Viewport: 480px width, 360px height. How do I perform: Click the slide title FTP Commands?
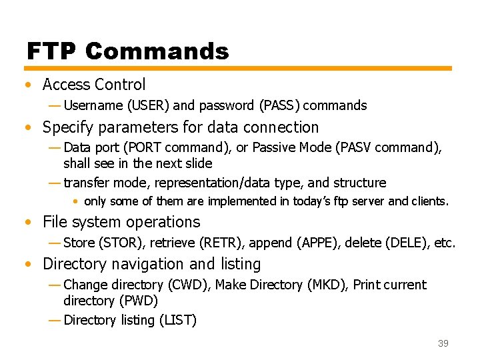127,51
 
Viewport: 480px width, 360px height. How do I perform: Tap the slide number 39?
443,343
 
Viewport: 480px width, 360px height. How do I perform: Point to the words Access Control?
94,85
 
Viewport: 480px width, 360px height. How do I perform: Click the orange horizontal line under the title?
239,68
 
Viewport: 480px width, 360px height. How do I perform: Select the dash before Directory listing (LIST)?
55,321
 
